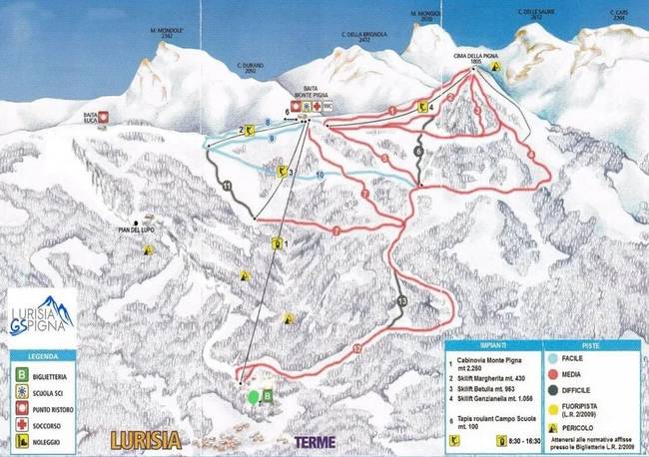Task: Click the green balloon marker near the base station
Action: point(255,395)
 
